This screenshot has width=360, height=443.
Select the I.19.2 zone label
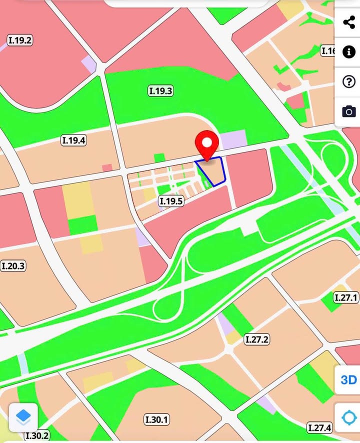20,40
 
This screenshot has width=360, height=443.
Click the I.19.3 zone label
161,91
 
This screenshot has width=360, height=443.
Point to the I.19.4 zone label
74,140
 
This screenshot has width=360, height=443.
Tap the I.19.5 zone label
171,201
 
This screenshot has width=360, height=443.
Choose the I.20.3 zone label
13,266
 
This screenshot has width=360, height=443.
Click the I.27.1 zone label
346,298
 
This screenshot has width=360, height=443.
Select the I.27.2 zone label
257,339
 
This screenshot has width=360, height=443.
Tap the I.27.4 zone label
319,428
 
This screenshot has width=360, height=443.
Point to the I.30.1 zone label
156,419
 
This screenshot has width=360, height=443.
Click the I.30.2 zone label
37,436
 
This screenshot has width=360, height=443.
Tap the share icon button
348,22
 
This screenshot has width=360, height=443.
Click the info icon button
348,52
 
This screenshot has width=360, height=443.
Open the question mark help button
348,82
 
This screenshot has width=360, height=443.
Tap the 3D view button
348,380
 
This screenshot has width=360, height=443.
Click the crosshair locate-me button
348,417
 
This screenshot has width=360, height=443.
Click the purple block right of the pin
233,139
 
